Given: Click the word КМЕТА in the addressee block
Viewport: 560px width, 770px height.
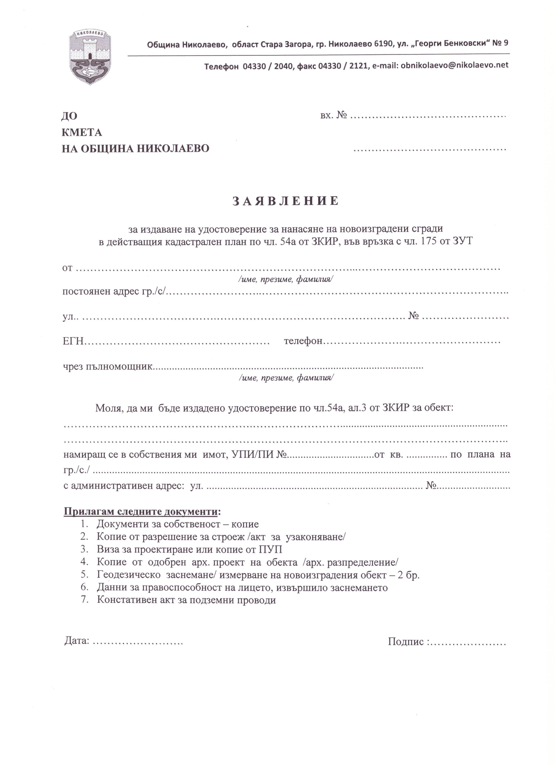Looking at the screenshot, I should [x=82, y=133].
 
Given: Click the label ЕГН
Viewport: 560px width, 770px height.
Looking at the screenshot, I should [x=73, y=341].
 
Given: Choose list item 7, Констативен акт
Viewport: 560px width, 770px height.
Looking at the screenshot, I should [x=186, y=600].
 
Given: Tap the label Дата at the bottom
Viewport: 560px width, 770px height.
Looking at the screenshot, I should [x=77, y=641].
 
